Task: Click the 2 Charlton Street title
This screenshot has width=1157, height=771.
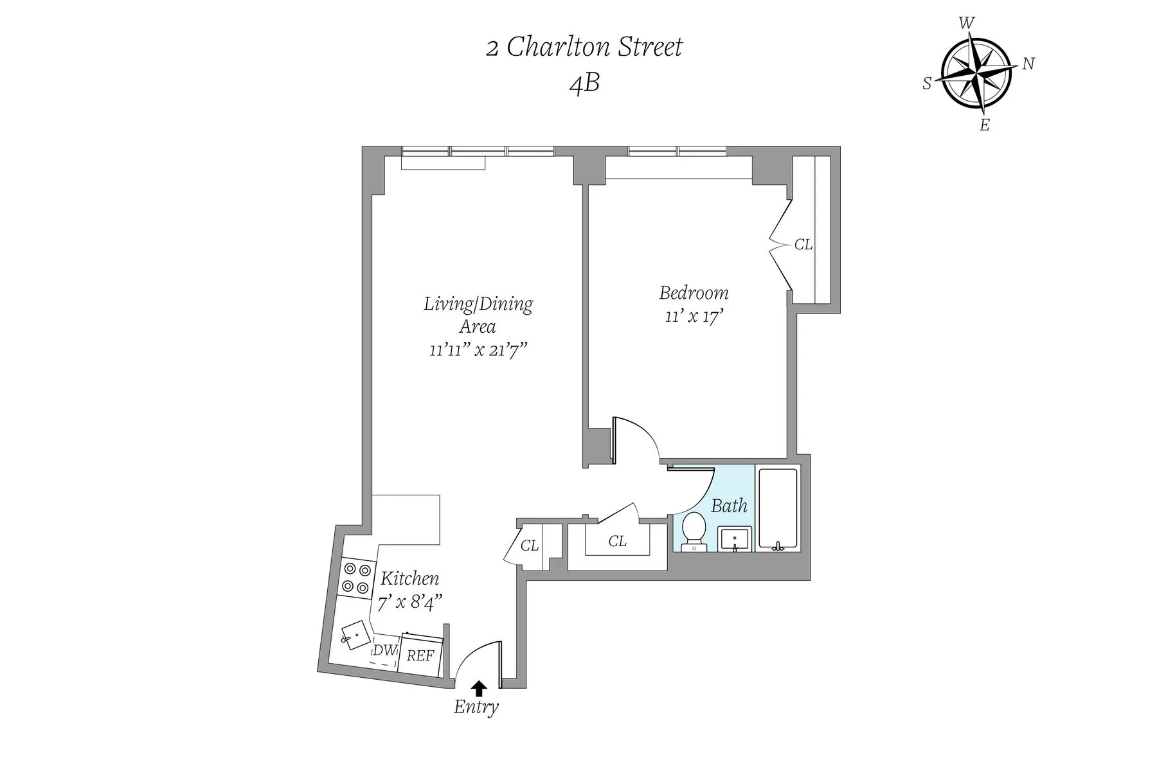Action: (584, 48)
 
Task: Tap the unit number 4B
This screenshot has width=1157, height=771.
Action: (584, 84)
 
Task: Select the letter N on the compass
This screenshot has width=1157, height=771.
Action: (1028, 64)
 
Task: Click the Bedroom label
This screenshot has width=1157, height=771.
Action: (694, 293)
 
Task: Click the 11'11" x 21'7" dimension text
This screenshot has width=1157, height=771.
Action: (478, 350)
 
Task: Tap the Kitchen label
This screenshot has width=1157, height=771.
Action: (409, 578)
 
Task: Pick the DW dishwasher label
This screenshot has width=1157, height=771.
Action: (384, 650)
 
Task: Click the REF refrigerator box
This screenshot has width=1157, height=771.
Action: (421, 655)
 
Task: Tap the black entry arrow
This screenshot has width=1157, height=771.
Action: (478, 688)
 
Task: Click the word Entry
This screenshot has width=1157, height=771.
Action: (476, 707)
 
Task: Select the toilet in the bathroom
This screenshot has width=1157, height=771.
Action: (693, 531)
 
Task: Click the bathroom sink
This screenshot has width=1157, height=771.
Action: (735, 538)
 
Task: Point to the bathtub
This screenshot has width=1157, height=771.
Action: (778, 508)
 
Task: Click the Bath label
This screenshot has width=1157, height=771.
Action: (729, 506)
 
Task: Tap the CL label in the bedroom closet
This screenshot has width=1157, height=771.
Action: (803, 245)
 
